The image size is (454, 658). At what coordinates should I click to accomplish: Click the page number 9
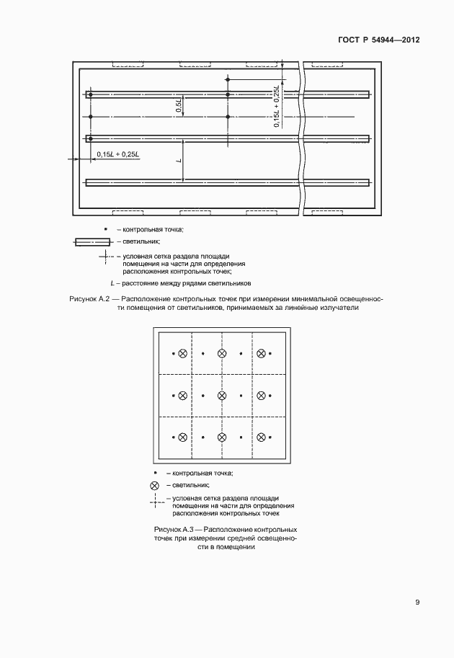coord(417,603)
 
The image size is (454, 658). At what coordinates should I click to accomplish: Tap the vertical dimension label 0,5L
coord(179,107)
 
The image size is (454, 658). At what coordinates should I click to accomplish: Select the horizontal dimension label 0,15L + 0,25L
coord(118,154)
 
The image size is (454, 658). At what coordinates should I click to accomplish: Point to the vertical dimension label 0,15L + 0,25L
coord(276,107)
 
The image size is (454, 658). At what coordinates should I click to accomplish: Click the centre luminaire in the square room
coord(222,395)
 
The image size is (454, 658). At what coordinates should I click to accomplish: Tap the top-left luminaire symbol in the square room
coord(182,353)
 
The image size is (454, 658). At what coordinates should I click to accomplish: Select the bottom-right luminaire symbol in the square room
coord(262,437)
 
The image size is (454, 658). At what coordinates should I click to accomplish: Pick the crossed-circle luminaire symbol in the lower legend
coord(154,486)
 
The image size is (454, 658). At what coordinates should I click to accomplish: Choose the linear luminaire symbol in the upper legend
coord(92,242)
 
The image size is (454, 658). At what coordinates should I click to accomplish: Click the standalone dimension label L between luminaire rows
coord(177,160)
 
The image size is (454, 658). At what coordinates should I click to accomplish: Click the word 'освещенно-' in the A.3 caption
coord(274,538)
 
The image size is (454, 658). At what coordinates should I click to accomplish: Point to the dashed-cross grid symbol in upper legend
coord(105,256)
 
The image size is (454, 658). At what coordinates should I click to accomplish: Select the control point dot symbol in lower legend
coord(154,473)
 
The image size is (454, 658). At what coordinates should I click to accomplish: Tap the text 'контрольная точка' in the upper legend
coord(153,229)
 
